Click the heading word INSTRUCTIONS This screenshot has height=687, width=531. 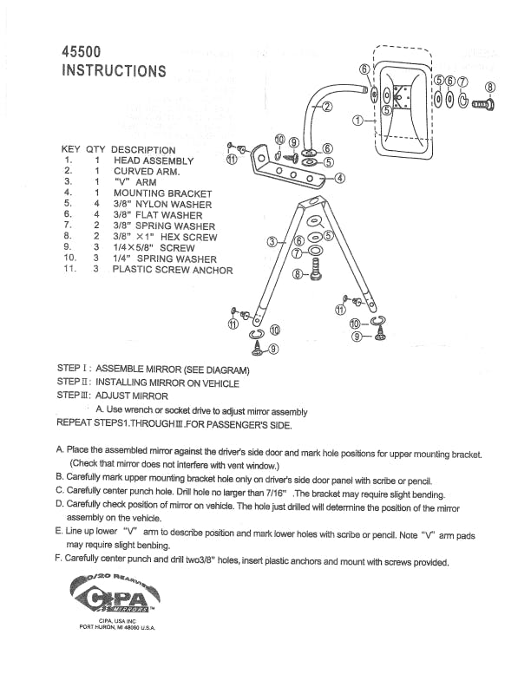[114, 71]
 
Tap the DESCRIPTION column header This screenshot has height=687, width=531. [143, 150]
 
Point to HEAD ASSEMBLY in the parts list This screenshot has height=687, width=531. [154, 161]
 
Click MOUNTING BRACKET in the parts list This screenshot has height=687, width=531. [162, 193]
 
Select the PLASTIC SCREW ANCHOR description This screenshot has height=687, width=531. [173, 270]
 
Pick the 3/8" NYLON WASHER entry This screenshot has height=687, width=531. [162, 205]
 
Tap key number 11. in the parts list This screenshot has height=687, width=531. [69, 270]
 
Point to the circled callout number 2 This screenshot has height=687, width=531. [327, 108]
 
